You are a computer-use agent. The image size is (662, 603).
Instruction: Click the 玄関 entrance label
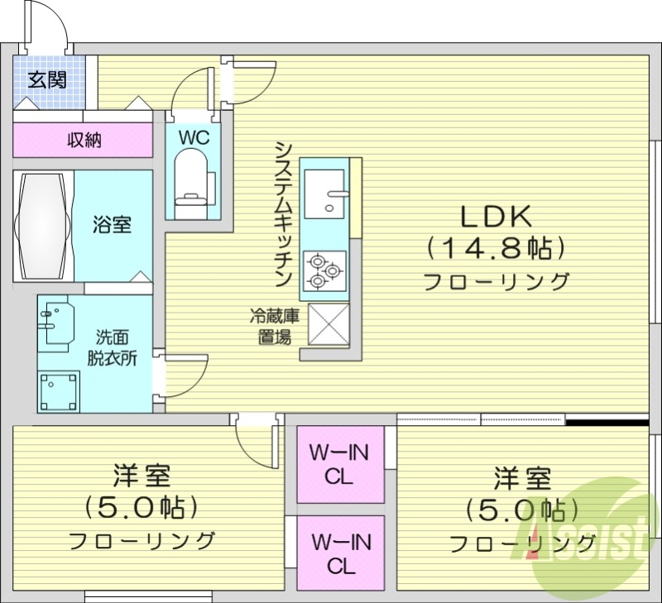tap(47, 80)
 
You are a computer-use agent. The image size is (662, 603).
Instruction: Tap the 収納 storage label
tap(84, 140)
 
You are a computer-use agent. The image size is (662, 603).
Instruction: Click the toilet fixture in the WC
tap(193, 178)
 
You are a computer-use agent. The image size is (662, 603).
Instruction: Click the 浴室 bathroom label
tap(112, 224)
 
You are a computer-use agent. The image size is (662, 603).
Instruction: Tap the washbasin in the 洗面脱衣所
tap(56, 323)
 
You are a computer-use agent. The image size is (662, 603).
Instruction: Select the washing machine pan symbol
tap(61, 390)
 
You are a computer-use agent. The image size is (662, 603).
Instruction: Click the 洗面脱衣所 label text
tap(112, 347)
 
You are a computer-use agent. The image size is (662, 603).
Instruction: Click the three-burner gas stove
tap(323, 270)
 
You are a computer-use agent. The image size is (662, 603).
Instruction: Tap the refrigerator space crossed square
tap(329, 324)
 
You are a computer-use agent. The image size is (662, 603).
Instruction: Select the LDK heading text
tap(495, 216)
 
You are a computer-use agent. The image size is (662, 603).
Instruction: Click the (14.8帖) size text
tap(495, 246)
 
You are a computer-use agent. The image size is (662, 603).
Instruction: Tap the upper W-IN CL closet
tap(340, 464)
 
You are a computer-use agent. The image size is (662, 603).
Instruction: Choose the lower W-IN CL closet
tap(340, 553)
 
